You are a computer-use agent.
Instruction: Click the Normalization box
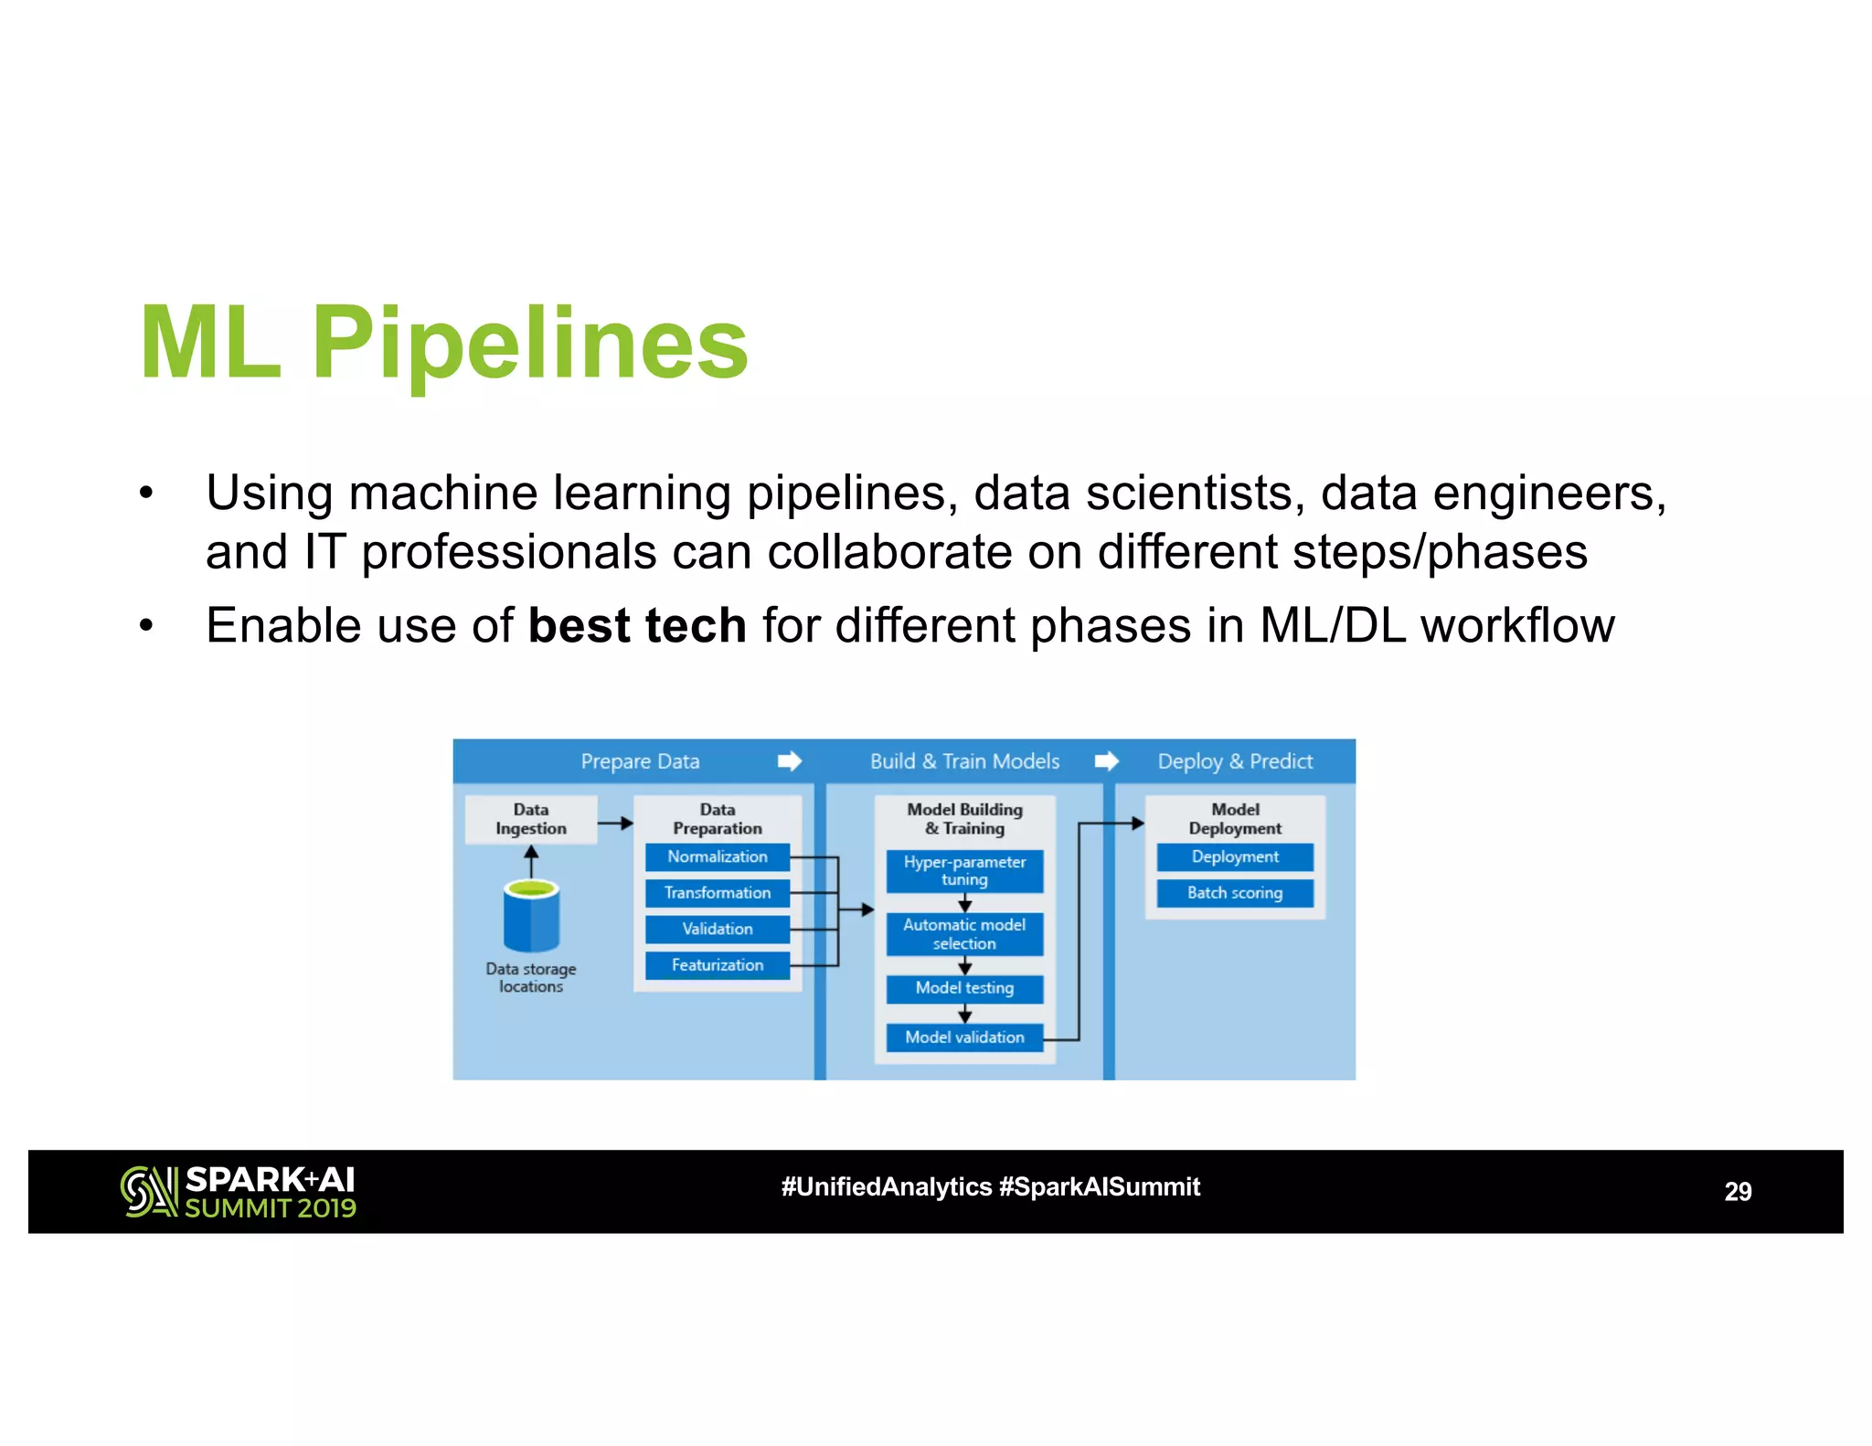tap(717, 856)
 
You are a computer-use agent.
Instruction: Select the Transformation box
tap(717, 893)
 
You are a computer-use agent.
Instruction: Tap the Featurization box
tap(717, 965)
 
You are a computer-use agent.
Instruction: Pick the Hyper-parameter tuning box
tap(964, 871)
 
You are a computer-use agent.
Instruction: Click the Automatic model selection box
tap(964, 934)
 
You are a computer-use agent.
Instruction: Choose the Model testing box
tap(964, 988)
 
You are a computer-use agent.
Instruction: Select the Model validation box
tap(964, 1037)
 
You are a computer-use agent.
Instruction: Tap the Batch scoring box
tap(1234, 893)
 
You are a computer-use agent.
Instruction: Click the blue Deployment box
tap(1234, 856)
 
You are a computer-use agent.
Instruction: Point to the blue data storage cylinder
tap(531, 916)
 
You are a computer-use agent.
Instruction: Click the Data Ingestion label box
tap(531, 819)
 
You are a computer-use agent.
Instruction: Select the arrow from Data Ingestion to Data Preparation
tap(615, 824)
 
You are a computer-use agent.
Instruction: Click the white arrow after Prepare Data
tap(790, 761)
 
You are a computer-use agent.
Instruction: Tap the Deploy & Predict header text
tap(1234, 761)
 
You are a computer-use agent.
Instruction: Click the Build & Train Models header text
tap(964, 761)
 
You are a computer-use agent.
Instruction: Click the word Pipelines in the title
tap(529, 345)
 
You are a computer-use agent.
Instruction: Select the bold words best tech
tap(637, 626)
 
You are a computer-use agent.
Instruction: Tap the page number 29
tap(1737, 1192)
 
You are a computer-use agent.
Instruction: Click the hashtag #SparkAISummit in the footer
tap(1099, 1187)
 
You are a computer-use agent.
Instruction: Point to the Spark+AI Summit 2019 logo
tap(239, 1192)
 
